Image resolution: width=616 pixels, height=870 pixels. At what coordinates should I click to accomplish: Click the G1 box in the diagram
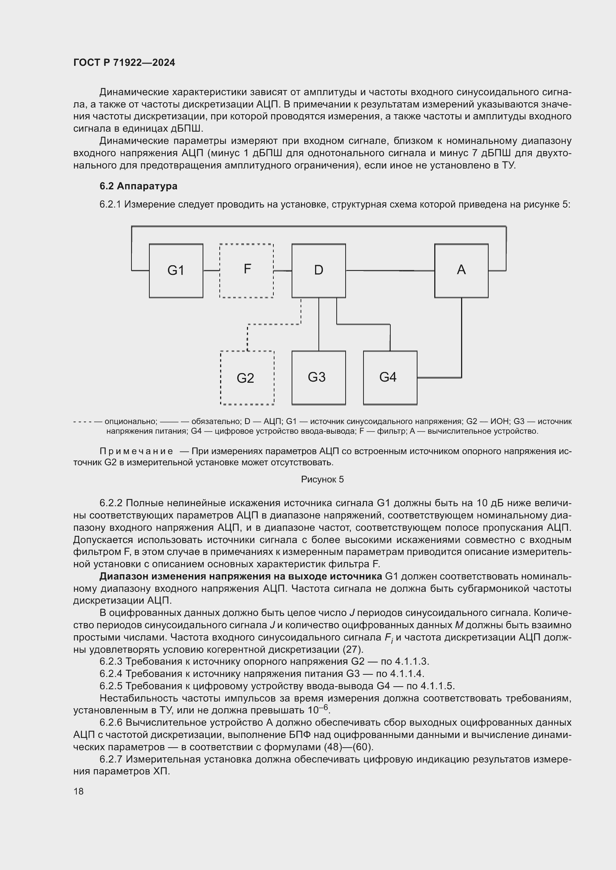click(x=176, y=270)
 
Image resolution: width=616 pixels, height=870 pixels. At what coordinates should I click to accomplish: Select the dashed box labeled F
click(x=247, y=270)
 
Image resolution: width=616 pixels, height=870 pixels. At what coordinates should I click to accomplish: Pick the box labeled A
click(x=461, y=270)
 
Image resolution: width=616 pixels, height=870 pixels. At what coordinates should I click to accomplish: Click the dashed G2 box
click(x=247, y=378)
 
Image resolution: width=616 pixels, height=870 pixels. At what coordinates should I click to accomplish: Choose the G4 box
click(x=390, y=378)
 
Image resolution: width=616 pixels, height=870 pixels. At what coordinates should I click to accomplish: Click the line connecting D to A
click(x=390, y=270)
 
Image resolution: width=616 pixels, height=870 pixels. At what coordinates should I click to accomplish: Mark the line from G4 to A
click(x=461, y=341)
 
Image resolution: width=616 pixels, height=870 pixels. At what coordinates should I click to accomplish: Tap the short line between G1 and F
click(x=211, y=270)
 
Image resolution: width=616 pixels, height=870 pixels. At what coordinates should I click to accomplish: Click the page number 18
click(x=79, y=791)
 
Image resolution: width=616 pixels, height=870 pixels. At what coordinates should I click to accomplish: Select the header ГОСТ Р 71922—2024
click(x=124, y=62)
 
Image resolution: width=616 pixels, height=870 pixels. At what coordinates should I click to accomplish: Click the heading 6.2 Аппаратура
click(x=139, y=186)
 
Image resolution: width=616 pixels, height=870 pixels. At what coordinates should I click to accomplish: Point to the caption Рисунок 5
click(x=322, y=479)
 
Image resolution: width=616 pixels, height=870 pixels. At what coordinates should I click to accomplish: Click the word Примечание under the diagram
click(x=136, y=451)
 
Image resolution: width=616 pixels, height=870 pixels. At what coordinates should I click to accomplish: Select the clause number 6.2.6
click(x=111, y=723)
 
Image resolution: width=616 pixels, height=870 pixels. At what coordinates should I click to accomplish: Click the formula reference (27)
click(x=353, y=649)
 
